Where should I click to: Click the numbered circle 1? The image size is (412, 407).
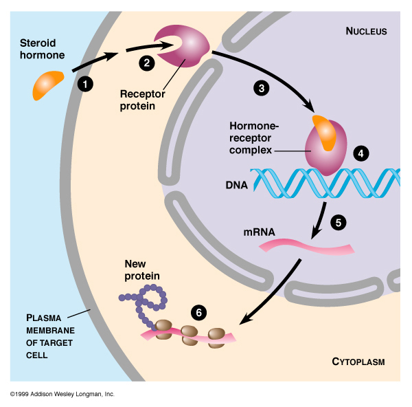coord(86,83)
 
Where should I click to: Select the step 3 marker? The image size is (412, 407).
coord(260,87)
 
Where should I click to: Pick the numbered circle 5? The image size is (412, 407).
coord(337,222)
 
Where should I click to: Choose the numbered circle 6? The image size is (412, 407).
coord(199,313)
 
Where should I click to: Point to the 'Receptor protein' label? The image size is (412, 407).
coord(144,101)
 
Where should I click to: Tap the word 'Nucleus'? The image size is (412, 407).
coord(366,32)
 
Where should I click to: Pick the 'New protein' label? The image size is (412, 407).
coord(142,269)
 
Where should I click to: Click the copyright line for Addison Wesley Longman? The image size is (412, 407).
coord(62,395)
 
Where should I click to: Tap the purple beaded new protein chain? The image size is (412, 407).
coord(148,301)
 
